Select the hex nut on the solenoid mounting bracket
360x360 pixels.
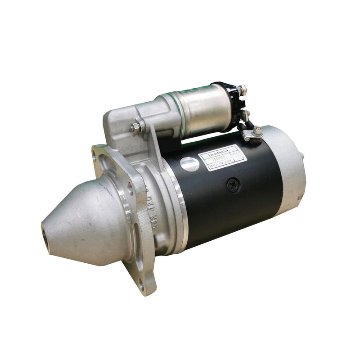[135, 127]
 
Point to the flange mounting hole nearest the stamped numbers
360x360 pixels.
[131, 186]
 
